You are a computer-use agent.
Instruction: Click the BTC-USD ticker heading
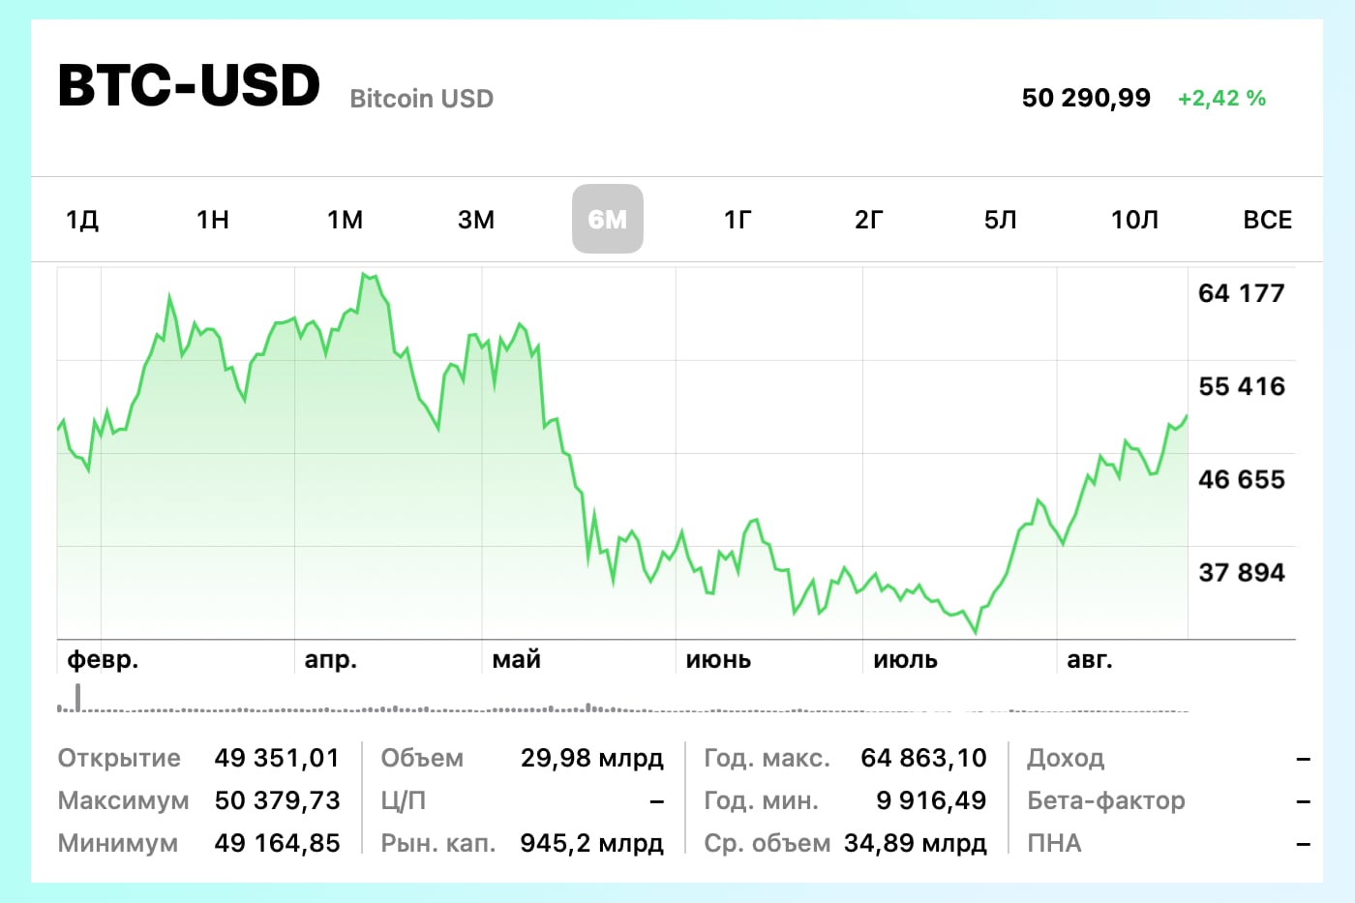[189, 85]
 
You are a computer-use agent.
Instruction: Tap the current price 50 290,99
[1086, 98]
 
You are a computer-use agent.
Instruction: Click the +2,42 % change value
[1221, 98]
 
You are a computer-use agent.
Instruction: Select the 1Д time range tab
[82, 220]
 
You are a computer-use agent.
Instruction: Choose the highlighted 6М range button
[608, 220]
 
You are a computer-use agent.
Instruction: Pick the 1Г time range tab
[738, 220]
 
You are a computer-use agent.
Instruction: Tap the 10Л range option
[1134, 220]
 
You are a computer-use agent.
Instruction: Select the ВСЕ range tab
[1267, 220]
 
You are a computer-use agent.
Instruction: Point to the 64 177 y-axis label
[1242, 293]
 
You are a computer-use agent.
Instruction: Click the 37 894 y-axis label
[1242, 572]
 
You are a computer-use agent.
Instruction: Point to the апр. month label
[331, 660]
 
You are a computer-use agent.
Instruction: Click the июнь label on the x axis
[718, 660]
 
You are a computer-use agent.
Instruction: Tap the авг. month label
[1090, 660]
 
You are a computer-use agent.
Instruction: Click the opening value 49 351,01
[277, 758]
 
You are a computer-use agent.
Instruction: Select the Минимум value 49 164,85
[277, 843]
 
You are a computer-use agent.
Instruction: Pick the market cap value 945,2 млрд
[591, 843]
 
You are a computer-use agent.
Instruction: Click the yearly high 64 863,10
[923, 758]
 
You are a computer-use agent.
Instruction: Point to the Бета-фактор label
[1105, 800]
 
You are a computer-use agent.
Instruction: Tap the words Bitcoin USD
[421, 99]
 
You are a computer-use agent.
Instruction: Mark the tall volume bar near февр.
[78, 698]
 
